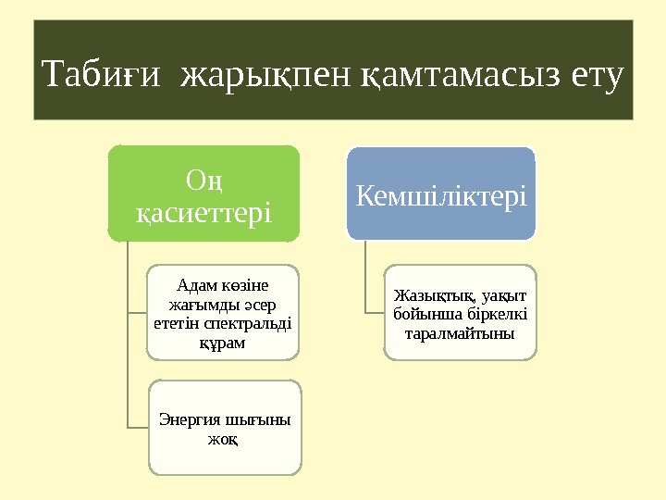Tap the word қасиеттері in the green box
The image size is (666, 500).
(x=203, y=214)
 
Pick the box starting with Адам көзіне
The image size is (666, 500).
(x=223, y=312)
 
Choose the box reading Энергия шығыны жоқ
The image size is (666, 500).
(x=225, y=427)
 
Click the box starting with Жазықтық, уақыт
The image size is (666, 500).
(x=460, y=312)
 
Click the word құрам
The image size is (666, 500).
(x=222, y=343)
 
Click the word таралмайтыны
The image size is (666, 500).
(x=460, y=331)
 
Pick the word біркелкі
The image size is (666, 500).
(x=489, y=313)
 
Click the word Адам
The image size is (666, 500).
(x=195, y=284)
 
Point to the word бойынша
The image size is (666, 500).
(x=433, y=313)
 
